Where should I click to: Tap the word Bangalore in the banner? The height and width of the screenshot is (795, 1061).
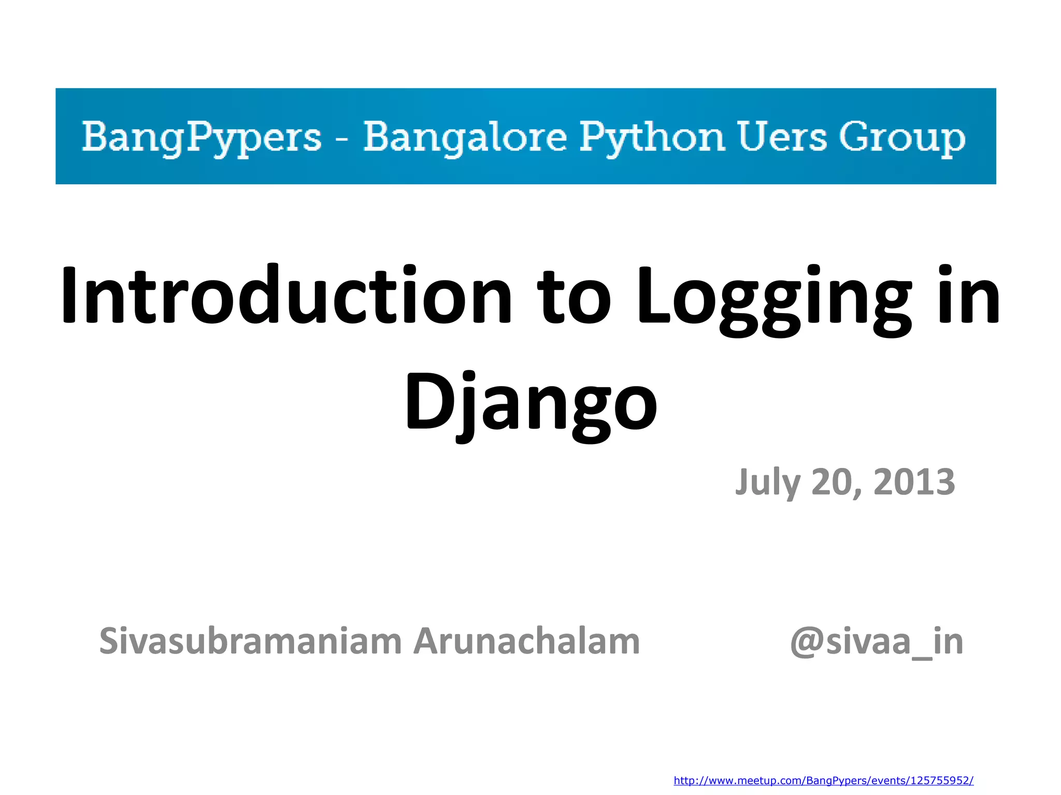465,137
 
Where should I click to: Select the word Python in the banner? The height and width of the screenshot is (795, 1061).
652,137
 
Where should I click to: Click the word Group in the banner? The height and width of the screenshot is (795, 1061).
902,137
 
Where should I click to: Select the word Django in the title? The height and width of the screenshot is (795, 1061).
530,404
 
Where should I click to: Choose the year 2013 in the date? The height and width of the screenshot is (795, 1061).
914,482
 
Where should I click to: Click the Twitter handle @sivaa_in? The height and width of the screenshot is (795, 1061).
876,642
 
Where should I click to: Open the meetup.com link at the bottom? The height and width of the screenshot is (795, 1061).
823,781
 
